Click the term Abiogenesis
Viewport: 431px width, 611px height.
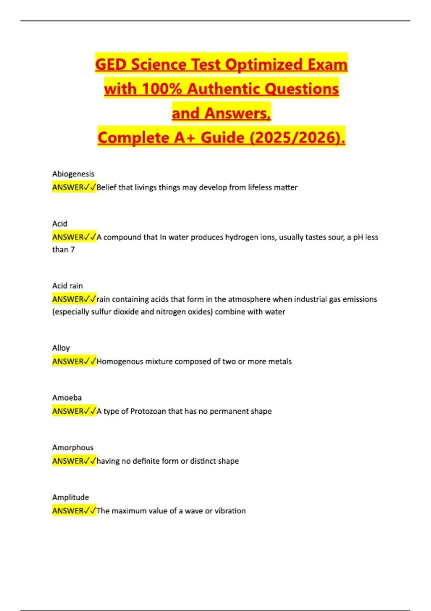click(73, 174)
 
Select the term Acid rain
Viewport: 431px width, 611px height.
click(68, 286)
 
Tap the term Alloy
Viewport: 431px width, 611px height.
click(61, 348)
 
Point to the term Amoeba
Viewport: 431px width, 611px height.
click(67, 398)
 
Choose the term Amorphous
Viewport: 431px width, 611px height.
click(73, 447)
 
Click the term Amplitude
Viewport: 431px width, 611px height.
click(70, 497)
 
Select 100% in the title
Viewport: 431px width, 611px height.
click(162, 89)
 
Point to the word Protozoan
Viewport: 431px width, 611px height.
click(148, 411)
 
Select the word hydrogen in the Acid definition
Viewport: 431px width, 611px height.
click(241, 237)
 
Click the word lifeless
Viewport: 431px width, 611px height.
click(260, 187)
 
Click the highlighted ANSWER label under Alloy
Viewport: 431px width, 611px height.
click(68, 361)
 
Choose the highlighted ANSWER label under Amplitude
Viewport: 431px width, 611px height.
click(68, 511)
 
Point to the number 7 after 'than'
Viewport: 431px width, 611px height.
click(73, 249)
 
